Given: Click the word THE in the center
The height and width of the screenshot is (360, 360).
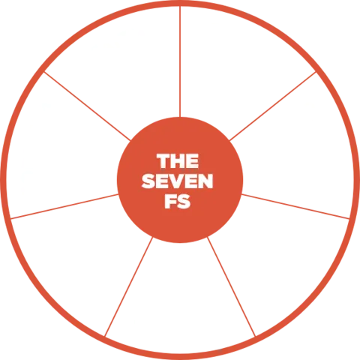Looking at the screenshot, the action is pos(178,160).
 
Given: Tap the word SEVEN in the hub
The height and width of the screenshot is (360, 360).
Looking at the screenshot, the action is pos(177,181).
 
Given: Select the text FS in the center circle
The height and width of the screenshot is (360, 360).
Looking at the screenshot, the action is pos(178,201).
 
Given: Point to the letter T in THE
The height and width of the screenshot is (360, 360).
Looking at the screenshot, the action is pos(163,160).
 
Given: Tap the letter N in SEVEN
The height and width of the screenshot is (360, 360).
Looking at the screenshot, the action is pos(206,181).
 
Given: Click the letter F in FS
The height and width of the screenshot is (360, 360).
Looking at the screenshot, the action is pos(170,201).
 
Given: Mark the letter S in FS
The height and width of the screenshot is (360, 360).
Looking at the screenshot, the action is pos(184,201).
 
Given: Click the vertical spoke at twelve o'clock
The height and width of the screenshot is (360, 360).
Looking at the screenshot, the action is pos(180,61).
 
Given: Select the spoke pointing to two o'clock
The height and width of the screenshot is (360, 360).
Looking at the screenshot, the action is pos(273,106).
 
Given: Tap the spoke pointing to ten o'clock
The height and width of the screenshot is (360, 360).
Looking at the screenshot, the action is pos(87,106).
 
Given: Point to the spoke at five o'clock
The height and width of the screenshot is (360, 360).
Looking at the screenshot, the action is pos(231,286).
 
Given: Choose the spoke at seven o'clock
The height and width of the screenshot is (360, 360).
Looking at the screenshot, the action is pos(129,286).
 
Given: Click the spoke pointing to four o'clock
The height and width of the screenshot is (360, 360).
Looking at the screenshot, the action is pos(295,206).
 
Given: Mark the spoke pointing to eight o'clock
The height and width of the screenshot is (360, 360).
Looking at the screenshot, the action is pos(64,206).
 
